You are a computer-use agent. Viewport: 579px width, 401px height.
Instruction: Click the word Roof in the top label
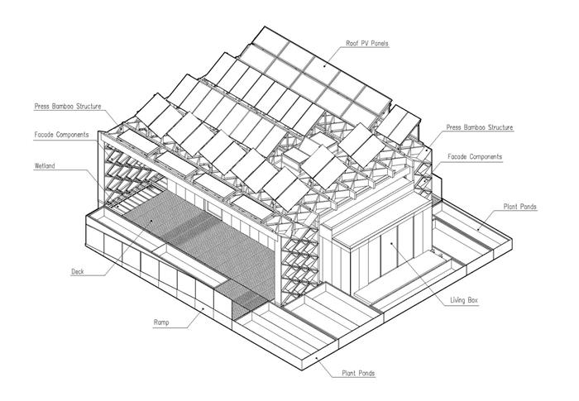(x=352, y=43)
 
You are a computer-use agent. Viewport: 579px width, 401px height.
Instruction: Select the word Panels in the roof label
(x=380, y=43)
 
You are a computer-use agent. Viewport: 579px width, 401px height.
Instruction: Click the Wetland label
(x=45, y=166)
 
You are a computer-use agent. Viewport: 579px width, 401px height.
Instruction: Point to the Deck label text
(x=78, y=272)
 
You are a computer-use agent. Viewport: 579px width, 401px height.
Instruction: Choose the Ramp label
(x=161, y=322)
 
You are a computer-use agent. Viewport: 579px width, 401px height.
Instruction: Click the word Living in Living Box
(x=457, y=300)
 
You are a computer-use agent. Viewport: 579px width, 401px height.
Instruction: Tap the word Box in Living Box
(x=472, y=300)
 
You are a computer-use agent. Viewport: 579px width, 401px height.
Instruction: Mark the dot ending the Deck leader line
(x=151, y=221)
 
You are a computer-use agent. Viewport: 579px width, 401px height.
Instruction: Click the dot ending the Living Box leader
(x=391, y=243)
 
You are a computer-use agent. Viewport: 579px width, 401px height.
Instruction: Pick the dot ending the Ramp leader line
(x=203, y=308)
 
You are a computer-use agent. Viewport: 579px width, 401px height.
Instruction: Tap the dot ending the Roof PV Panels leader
(x=325, y=66)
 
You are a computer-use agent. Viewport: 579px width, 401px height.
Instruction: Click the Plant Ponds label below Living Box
(x=358, y=374)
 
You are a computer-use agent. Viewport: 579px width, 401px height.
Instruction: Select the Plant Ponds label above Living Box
(x=520, y=207)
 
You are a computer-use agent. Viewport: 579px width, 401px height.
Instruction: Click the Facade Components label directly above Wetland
(x=62, y=135)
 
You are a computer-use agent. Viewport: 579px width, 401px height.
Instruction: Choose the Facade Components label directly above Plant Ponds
(x=475, y=156)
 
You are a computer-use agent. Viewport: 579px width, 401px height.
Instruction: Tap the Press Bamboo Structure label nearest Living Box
(x=480, y=127)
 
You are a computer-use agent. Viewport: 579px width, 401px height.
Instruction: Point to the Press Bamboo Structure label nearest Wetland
(x=68, y=107)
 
